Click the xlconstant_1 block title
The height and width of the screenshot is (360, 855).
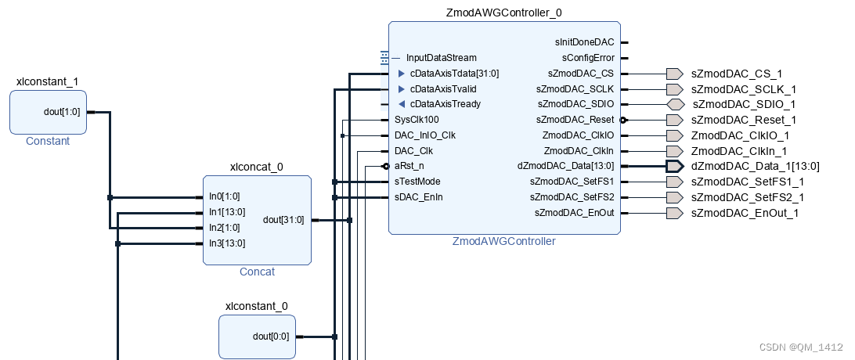pyautogui.click(x=48, y=82)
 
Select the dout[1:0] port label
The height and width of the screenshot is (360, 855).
pyautogui.click(x=62, y=112)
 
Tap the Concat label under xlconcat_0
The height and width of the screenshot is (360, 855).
pyautogui.click(x=257, y=272)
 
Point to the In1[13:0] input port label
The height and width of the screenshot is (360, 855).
pyautogui.click(x=227, y=212)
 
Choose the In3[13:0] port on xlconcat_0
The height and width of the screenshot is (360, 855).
pyautogui.click(x=227, y=243)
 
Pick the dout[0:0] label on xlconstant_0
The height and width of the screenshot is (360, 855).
pyautogui.click(x=271, y=337)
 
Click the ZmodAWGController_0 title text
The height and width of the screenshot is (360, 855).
pyautogui.click(x=504, y=13)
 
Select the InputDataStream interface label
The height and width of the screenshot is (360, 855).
pyautogui.click(x=441, y=58)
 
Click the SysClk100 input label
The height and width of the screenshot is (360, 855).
pyautogui.click(x=417, y=120)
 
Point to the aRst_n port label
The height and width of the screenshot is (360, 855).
pyautogui.click(x=409, y=166)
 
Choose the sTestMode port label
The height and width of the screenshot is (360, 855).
pyautogui.click(x=417, y=182)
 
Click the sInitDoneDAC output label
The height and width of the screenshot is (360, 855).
pyautogui.click(x=585, y=42)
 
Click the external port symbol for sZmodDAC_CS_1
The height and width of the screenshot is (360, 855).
pyautogui.click(x=674, y=74)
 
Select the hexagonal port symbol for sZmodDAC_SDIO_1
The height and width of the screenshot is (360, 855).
pyautogui.click(x=676, y=105)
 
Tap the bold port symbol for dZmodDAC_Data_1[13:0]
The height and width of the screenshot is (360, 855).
pyautogui.click(x=674, y=166)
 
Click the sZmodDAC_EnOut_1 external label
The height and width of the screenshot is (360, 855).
pyautogui.click(x=745, y=213)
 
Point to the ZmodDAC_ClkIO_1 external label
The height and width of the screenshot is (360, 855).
pyautogui.click(x=740, y=135)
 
